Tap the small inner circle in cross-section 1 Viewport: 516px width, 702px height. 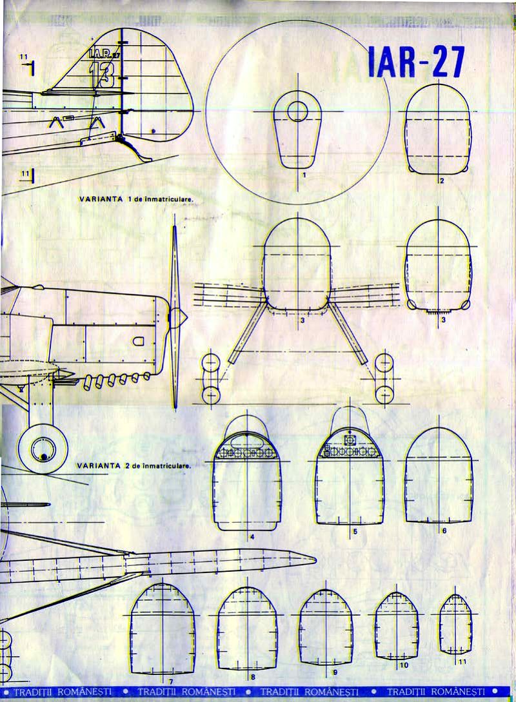297,111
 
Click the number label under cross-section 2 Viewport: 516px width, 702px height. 441,181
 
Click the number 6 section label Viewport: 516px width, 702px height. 444,531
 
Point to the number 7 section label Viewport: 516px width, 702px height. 170,681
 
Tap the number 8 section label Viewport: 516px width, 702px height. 252,677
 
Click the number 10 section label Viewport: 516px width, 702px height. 404,665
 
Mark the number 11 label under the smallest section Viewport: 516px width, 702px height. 462,662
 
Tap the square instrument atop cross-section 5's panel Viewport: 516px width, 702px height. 350,440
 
